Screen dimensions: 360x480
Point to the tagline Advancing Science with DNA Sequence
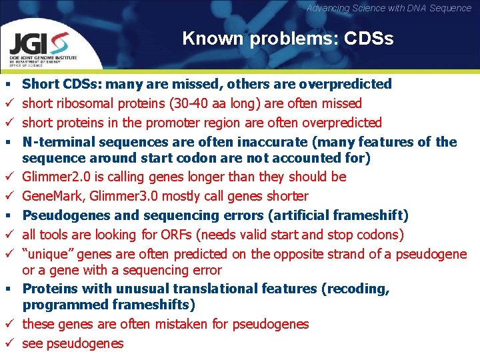[389, 8]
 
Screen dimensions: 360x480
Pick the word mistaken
[185, 324]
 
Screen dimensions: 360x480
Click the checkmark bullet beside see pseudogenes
[7, 343]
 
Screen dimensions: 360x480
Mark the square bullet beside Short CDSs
[7, 85]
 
